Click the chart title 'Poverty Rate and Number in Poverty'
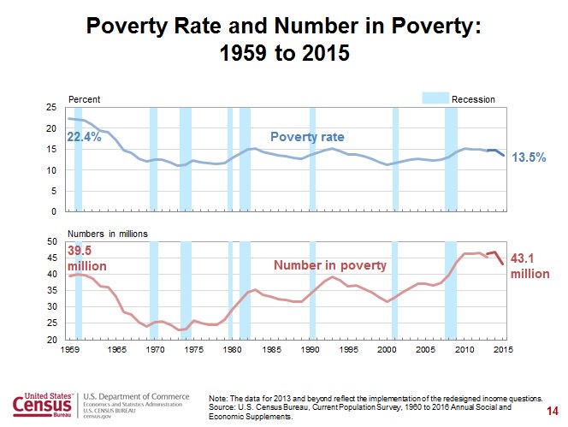tap(284, 27)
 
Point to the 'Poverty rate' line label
tap(306, 137)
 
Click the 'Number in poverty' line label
tap(330, 265)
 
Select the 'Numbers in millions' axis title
tap(107, 233)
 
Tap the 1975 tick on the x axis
tap(192, 350)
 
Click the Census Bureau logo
tap(43, 403)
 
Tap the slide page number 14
tap(551, 412)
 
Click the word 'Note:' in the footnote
tap(219, 399)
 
